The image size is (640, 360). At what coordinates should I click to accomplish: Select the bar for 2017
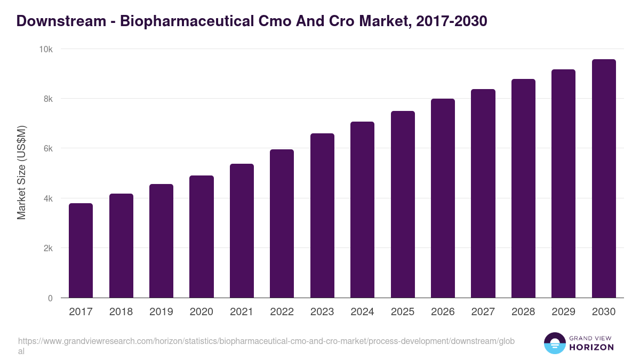coord(81,251)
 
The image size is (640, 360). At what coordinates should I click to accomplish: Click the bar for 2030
coord(604,179)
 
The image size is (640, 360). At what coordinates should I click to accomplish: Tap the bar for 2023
coord(322,215)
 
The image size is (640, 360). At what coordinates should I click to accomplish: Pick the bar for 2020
coord(202,237)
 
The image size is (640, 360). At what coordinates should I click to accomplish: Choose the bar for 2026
coord(443,198)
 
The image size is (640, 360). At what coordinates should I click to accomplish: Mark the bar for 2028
coord(523,188)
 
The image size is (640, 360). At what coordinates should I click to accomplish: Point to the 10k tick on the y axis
coord(46,49)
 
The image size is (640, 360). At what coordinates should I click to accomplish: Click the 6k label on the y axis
coord(48,149)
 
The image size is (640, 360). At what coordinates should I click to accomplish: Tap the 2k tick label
coord(48,249)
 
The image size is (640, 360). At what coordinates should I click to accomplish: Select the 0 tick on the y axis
coord(50,298)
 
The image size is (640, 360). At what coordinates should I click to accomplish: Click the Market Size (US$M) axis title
coord(22,173)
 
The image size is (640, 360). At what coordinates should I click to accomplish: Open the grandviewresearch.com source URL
coord(266,346)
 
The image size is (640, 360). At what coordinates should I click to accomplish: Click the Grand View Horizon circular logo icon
coord(555,343)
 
